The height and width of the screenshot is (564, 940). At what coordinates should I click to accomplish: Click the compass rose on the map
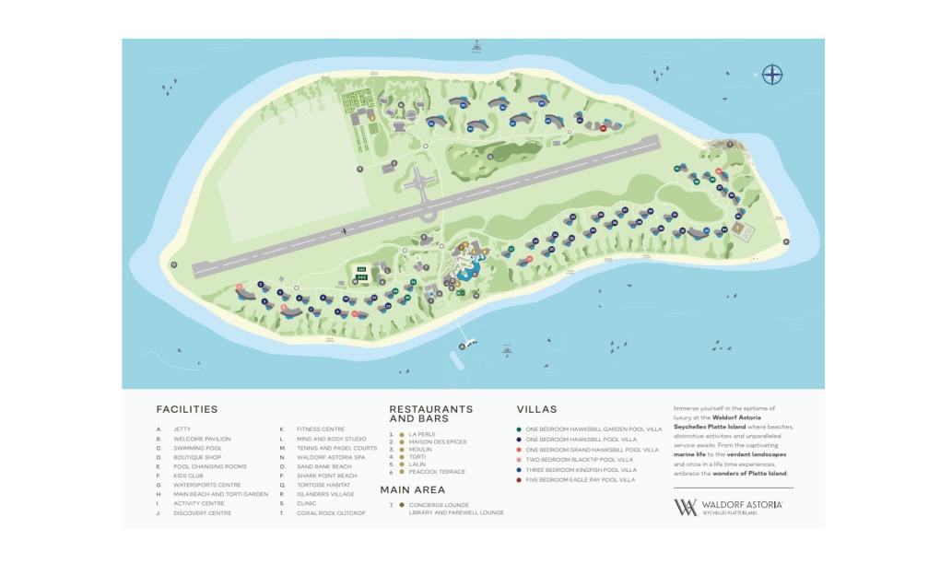(772, 75)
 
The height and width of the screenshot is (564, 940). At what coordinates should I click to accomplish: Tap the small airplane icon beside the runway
(344, 230)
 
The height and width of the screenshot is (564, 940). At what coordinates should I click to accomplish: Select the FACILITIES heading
(186, 409)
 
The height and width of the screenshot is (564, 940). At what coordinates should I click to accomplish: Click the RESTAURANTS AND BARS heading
(430, 413)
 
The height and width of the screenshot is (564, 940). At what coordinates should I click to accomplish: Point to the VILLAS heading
(536, 409)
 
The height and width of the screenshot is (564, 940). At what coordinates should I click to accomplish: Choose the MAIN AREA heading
(413, 490)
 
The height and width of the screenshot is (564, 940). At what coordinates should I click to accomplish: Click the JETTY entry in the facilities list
(182, 429)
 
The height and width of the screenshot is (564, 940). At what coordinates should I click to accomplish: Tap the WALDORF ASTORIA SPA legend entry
(331, 457)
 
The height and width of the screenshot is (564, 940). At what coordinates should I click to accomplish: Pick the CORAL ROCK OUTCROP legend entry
(331, 513)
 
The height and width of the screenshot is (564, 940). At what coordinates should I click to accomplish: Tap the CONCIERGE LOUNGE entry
(443, 504)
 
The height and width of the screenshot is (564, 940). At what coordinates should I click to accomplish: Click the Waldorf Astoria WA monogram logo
(686, 507)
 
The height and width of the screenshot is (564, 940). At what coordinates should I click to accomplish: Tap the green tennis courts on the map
(361, 273)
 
